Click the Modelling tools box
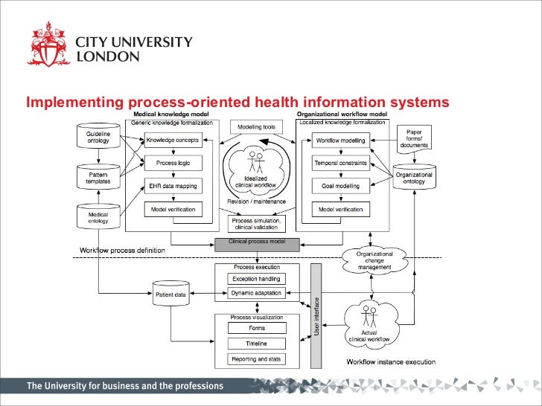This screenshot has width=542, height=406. (x=255, y=127)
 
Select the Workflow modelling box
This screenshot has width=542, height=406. (x=340, y=140)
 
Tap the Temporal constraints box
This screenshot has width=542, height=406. (x=340, y=163)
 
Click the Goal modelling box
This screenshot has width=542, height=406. (x=340, y=186)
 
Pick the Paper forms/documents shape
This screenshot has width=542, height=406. (x=418, y=138)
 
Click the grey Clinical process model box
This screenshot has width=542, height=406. (x=257, y=243)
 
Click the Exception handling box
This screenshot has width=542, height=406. (x=257, y=280)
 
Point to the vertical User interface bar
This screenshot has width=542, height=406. (x=316, y=315)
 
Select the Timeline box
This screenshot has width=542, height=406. (x=257, y=344)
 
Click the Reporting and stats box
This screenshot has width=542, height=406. (x=257, y=359)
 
